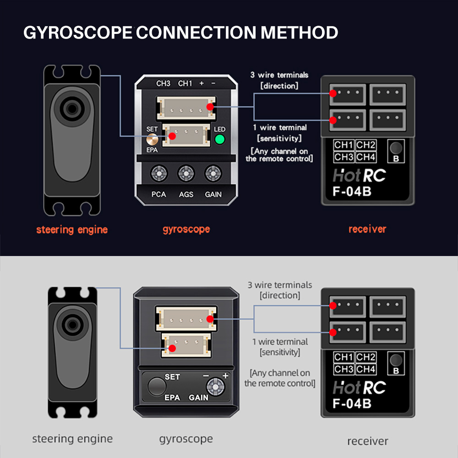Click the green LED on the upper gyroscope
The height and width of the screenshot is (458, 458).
[x=220, y=139]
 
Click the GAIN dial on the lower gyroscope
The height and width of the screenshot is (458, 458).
[x=215, y=387]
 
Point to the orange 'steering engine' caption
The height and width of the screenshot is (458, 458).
[x=72, y=229]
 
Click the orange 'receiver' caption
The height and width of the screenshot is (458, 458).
[x=367, y=229]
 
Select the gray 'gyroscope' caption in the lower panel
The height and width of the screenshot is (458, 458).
[x=186, y=438]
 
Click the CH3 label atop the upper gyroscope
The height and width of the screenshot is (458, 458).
[x=163, y=83]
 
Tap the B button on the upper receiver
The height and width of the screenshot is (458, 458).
[x=396, y=148]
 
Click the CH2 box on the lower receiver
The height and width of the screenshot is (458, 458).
[x=366, y=357]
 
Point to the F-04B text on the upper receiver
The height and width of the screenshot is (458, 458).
[x=352, y=191]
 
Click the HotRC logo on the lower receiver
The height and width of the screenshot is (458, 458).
[x=359, y=387]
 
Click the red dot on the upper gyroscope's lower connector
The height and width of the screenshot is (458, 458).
[x=173, y=136]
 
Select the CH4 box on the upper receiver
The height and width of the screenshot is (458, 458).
[x=366, y=157]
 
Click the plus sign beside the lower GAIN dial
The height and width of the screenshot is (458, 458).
[x=225, y=376]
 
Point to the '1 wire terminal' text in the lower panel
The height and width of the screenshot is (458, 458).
[x=280, y=342]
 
